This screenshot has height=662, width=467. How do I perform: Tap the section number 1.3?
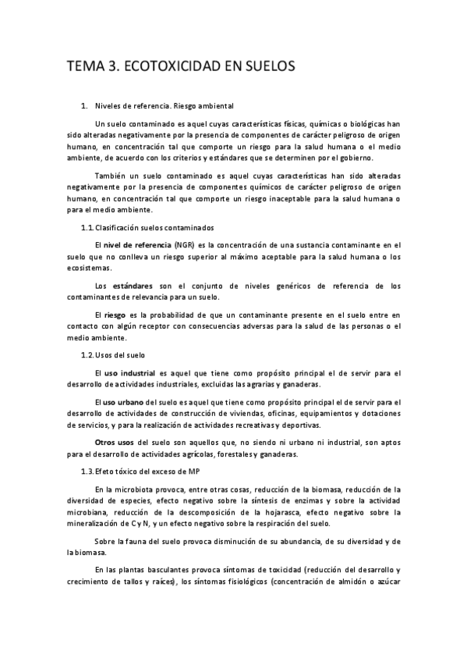click(x=87, y=472)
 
